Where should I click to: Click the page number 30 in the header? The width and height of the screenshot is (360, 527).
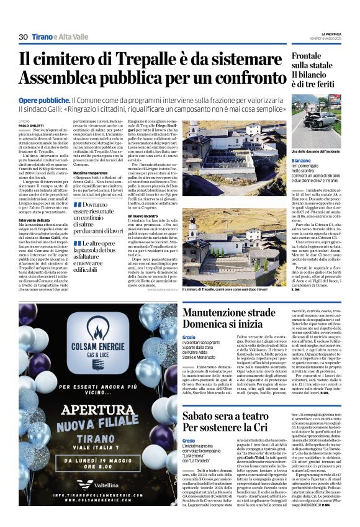24,37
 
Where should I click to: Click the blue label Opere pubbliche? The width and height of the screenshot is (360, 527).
43,100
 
